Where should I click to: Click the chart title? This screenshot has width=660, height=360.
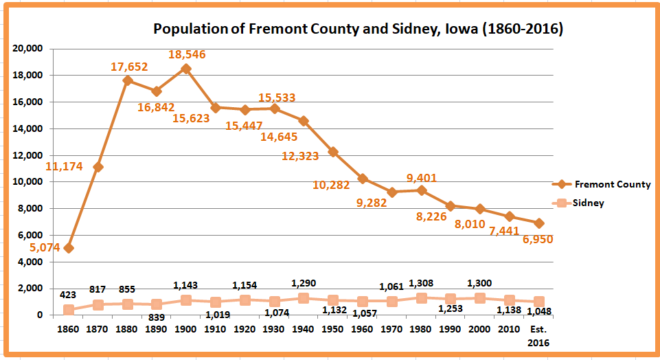point(358,29)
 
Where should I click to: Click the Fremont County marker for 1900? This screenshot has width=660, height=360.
point(186,69)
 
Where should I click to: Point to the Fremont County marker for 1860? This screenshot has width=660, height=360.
point(69,247)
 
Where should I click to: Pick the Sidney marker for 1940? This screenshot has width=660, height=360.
point(304,298)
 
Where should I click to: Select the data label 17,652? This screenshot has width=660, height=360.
point(129,67)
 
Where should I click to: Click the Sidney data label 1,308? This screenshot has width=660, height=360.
point(421,283)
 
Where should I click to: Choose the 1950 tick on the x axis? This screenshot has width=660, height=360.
point(333,328)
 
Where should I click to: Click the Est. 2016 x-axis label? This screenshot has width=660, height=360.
point(539,335)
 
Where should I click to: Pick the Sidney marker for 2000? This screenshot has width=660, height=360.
point(480,298)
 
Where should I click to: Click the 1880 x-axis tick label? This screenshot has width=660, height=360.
point(128,328)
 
